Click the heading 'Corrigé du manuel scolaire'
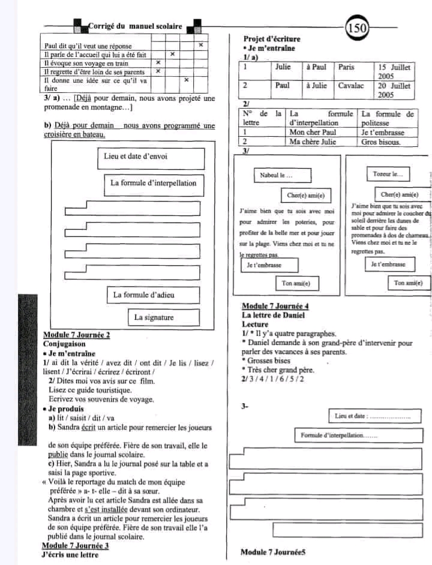coord(135,26)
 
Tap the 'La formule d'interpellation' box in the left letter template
coord(153,183)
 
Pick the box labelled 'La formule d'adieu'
coord(144,295)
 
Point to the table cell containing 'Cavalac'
coord(354,86)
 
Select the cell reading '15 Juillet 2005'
coord(394,72)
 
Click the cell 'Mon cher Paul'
coord(321,133)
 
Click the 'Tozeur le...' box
coord(388,174)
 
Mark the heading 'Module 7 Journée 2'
coord(77,335)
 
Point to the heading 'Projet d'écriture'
coord(272,40)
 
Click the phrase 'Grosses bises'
coord(269,361)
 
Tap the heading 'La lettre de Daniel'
coord(274,315)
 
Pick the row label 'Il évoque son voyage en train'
coord(88,63)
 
